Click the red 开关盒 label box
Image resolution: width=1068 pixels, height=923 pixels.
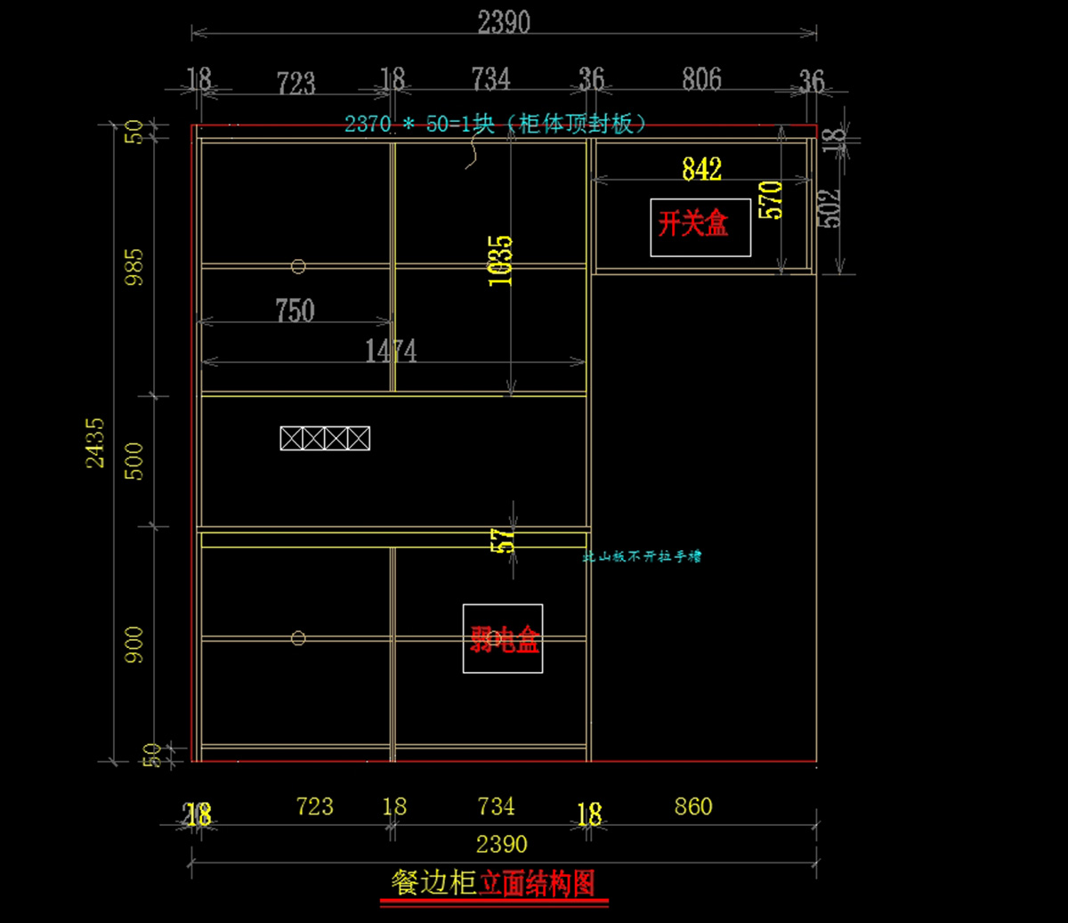click(x=700, y=227)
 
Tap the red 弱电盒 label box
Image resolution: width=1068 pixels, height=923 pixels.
click(x=503, y=639)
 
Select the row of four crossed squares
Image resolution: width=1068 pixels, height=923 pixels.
click(x=325, y=438)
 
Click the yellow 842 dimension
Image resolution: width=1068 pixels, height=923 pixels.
click(x=701, y=168)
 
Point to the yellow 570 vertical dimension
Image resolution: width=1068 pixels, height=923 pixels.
click(x=770, y=200)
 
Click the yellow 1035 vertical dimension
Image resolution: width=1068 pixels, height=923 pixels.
click(x=500, y=260)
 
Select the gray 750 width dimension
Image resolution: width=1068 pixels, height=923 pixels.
click(x=295, y=311)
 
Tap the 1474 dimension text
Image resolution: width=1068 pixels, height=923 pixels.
click(x=391, y=352)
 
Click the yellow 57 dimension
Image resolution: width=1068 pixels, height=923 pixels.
click(x=502, y=539)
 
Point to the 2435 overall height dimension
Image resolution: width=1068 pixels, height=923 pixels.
click(x=95, y=442)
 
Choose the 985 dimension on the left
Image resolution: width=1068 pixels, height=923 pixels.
click(x=133, y=267)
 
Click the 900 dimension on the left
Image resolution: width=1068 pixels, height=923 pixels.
click(x=133, y=644)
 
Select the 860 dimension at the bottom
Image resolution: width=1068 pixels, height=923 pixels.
click(x=692, y=806)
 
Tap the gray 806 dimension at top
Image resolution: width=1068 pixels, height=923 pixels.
click(x=701, y=79)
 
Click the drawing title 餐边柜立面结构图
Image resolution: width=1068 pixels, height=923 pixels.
click(x=493, y=883)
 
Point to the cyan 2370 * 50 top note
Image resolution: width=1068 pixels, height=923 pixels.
click(x=495, y=124)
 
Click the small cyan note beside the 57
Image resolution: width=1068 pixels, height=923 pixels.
click(x=642, y=556)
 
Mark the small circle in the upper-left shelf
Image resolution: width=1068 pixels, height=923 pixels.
click(x=298, y=266)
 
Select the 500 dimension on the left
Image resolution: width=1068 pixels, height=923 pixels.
click(x=133, y=461)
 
